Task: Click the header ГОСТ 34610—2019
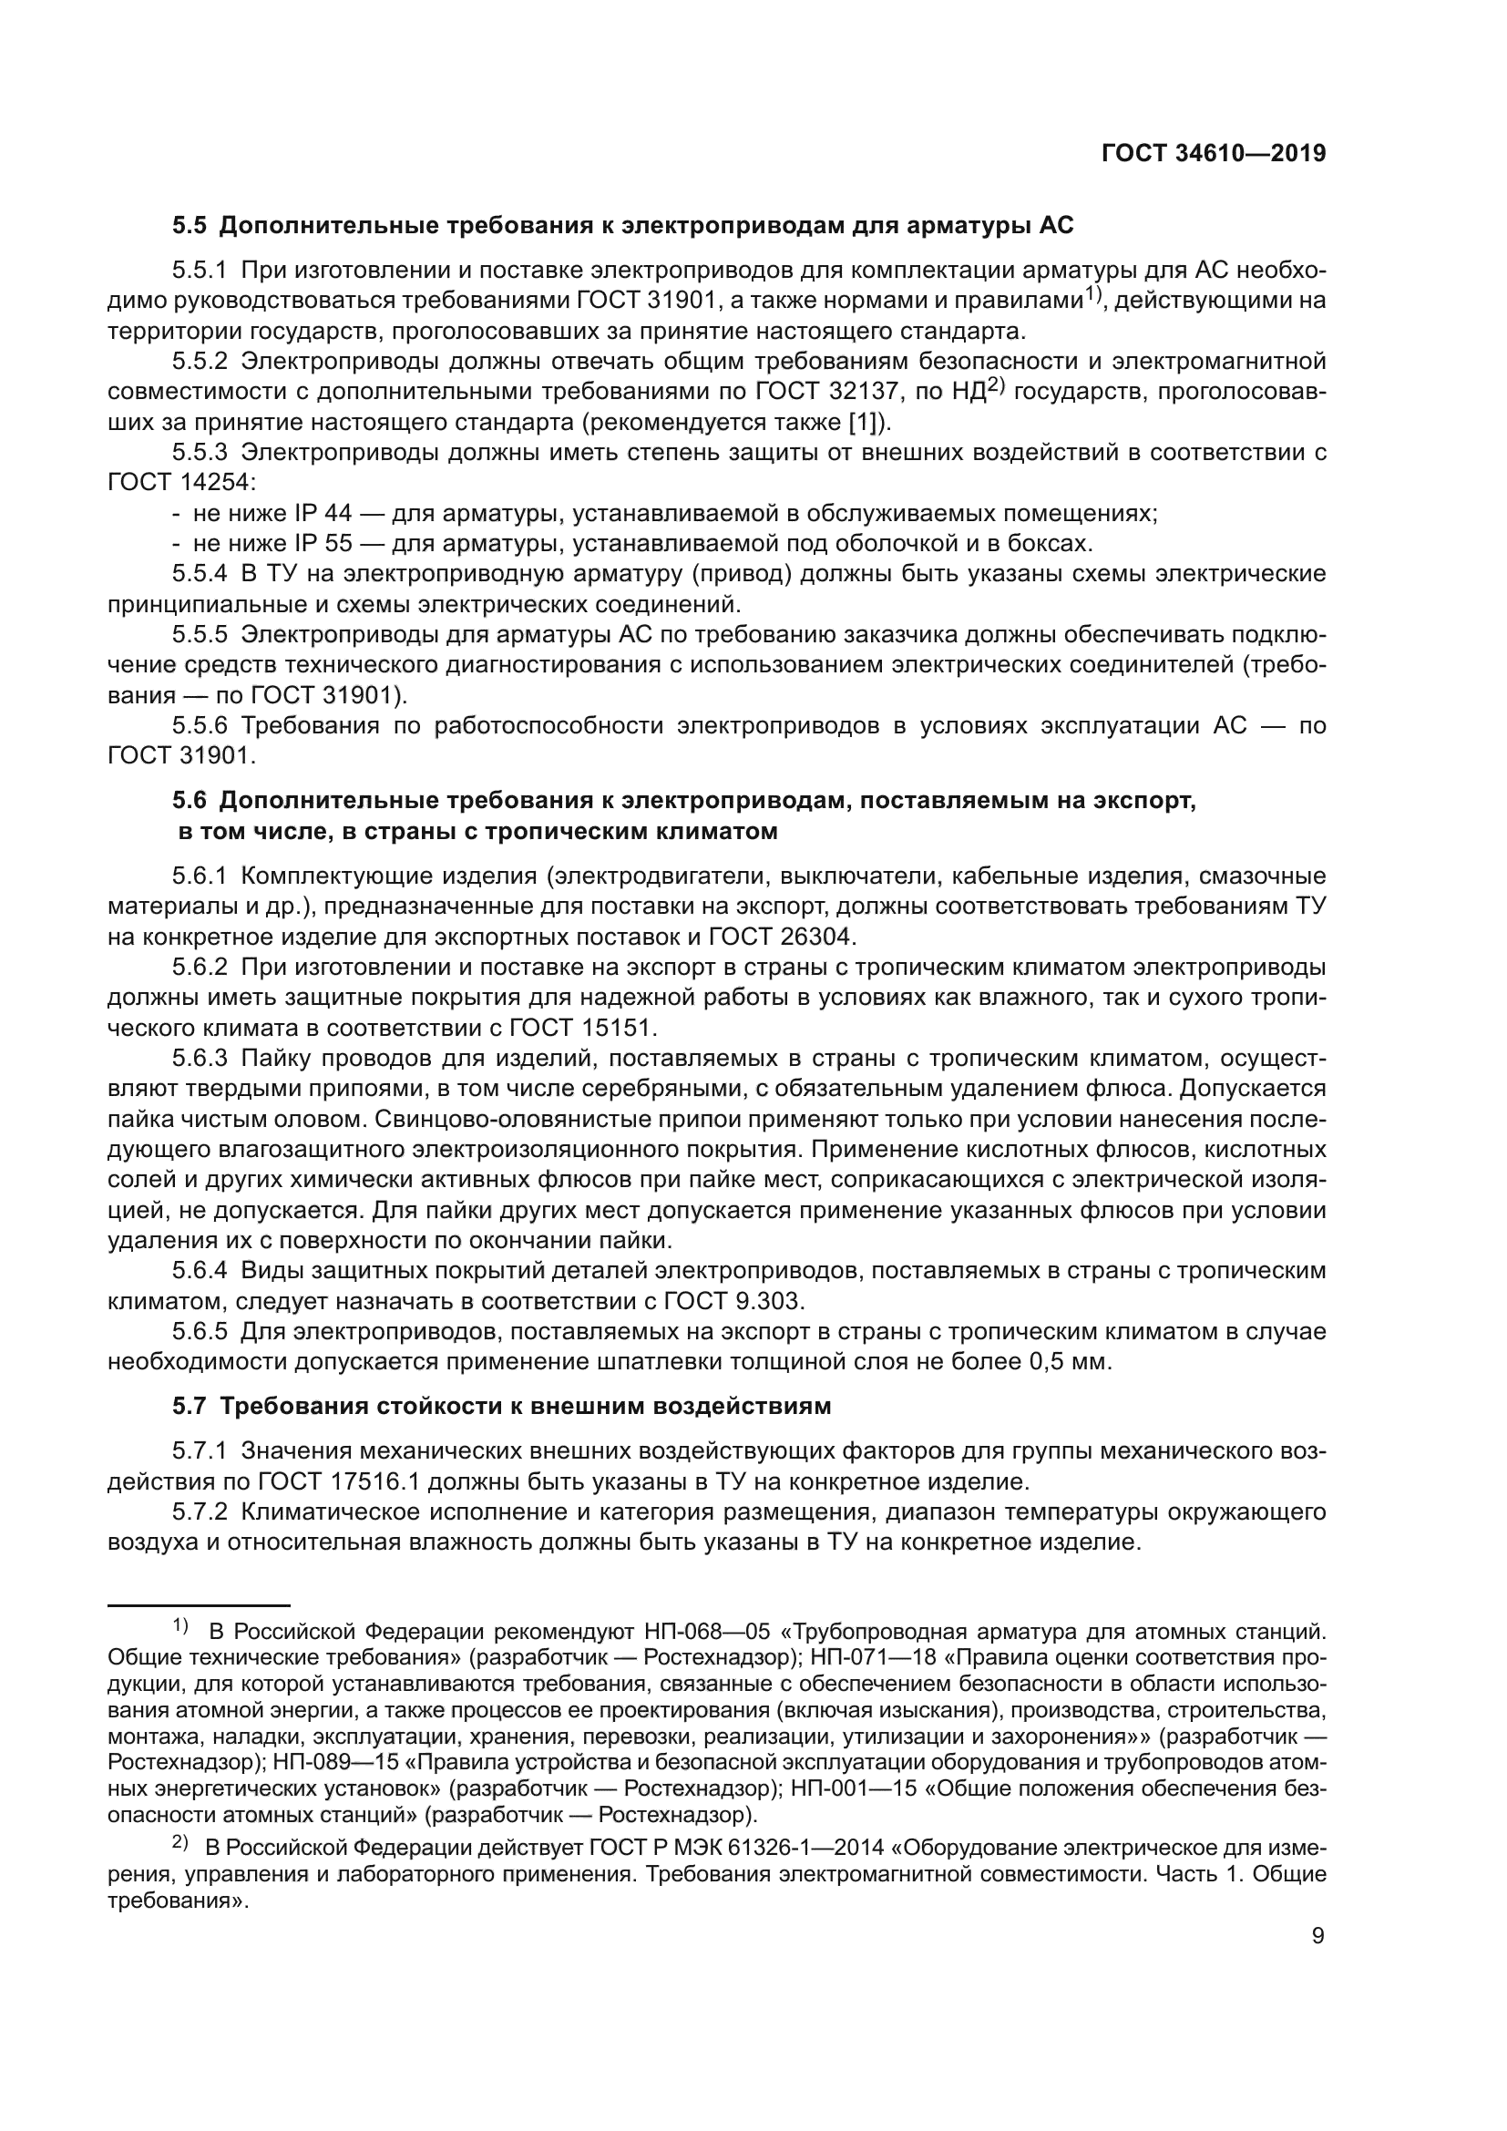pyautogui.click(x=1213, y=154)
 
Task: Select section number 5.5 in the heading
pyautogui.click(x=190, y=226)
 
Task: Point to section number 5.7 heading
pyautogui.click(x=190, y=1406)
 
